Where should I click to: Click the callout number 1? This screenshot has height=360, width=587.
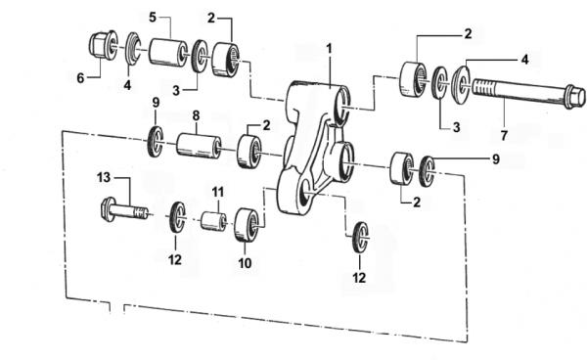pos(329,49)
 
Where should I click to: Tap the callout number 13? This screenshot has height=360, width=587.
pos(104,177)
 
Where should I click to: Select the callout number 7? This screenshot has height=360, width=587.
pos(504,135)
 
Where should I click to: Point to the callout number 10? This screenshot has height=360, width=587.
pos(245,263)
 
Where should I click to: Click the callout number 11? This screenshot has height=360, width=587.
pos(217,192)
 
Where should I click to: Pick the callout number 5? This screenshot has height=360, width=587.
pos(153,18)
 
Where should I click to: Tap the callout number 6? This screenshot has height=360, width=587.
pos(80,78)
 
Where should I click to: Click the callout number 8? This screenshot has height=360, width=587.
pos(197,115)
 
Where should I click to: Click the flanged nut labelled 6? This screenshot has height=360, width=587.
pos(103,45)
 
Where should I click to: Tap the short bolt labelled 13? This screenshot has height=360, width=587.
pos(124,209)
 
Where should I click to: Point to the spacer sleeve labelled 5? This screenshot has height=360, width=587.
pos(168,52)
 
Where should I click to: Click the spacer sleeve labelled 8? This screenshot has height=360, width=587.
pos(199,146)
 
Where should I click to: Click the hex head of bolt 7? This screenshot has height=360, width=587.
pos(575,97)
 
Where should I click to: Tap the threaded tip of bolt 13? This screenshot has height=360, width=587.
pos(140,213)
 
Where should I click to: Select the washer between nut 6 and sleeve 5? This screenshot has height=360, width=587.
pos(132,48)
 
